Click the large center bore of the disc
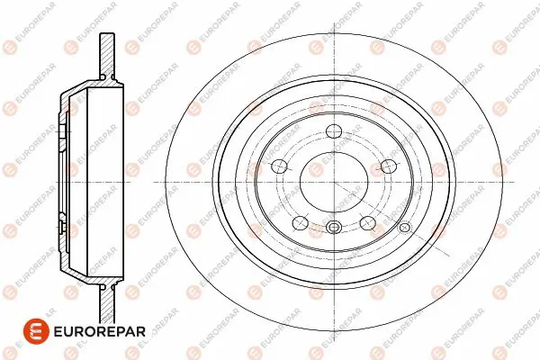(334, 182)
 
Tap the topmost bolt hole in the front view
(334, 130)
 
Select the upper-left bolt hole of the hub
(279, 166)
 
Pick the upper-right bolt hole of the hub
(389, 166)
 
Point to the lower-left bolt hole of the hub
(301, 223)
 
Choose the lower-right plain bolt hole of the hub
(368, 223)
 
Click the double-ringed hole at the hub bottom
(334, 227)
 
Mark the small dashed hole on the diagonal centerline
(404, 227)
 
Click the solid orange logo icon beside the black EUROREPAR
(36, 331)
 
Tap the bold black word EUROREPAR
(100, 331)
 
